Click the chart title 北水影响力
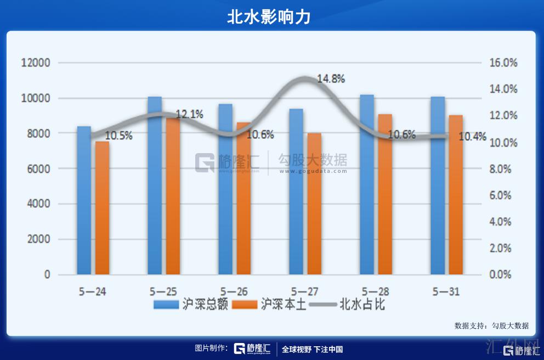pyautogui.click(x=269, y=16)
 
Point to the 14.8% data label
pyautogui.click(x=331, y=79)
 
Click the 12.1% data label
pyautogui.click(x=189, y=115)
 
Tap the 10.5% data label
pyautogui.click(x=118, y=136)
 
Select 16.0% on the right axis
pyautogui.click(x=503, y=63)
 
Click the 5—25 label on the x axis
pyautogui.click(x=163, y=291)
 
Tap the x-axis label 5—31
pyautogui.click(x=446, y=291)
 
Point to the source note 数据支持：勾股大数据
pyautogui.click(x=491, y=325)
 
